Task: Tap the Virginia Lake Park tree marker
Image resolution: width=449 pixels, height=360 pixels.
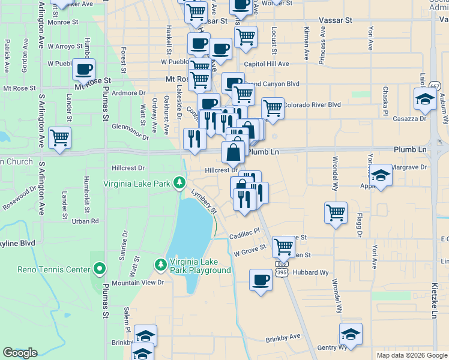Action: (x=178, y=181)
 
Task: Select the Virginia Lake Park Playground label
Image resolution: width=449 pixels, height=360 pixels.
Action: (x=199, y=265)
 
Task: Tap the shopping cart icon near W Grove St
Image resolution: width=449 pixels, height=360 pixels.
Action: (x=283, y=245)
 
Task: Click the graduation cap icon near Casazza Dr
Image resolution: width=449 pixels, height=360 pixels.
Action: (x=425, y=99)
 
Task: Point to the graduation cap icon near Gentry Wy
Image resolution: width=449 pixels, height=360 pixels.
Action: (x=351, y=334)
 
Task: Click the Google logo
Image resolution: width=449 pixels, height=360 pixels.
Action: (x=20, y=353)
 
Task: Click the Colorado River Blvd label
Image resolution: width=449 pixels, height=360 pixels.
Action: (x=312, y=104)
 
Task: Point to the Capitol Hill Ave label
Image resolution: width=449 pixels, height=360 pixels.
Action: (x=266, y=64)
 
